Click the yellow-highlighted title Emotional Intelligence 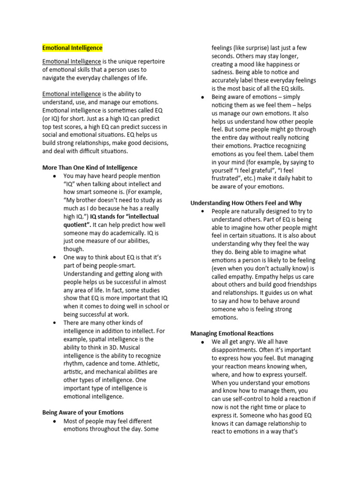tap(72, 48)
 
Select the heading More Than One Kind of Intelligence tap(90, 167)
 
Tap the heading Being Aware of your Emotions tap(83, 412)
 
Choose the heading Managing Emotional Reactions tap(233, 333)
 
